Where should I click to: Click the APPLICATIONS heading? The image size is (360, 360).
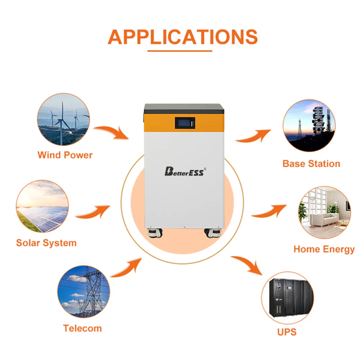[x=183, y=36]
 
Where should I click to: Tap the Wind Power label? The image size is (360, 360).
[x=65, y=155]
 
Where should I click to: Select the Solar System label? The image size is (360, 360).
[x=46, y=243]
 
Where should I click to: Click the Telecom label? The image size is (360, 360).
[x=82, y=328]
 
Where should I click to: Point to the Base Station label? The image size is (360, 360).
[x=311, y=164]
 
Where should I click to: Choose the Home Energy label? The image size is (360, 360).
[x=324, y=249]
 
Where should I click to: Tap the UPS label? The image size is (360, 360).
[x=287, y=331]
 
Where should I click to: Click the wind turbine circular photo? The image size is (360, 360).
[x=63, y=119]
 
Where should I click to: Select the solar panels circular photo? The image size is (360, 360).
[x=42, y=206]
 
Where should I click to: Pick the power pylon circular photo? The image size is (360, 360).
[x=84, y=292]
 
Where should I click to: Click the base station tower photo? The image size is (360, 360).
[x=309, y=125]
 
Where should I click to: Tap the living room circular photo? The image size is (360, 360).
[x=324, y=212]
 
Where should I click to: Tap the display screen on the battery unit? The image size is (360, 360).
[x=185, y=123]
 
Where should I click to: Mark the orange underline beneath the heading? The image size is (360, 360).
[x=180, y=51]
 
